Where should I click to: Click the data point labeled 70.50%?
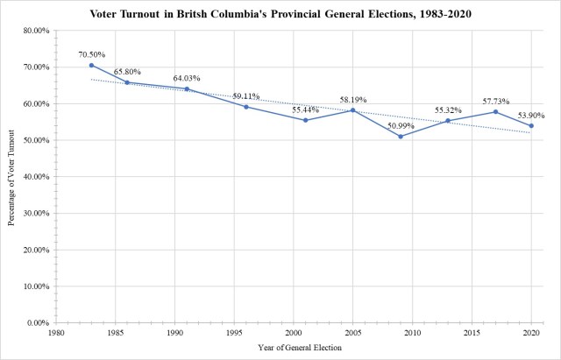[x=91, y=65]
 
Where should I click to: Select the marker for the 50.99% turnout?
[x=401, y=136]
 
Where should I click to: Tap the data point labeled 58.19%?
[x=352, y=109]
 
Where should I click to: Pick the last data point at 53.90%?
[x=531, y=125]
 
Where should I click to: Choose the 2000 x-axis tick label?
[x=294, y=334]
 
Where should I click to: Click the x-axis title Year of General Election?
[x=293, y=349]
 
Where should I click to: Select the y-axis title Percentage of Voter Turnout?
[x=11, y=175]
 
